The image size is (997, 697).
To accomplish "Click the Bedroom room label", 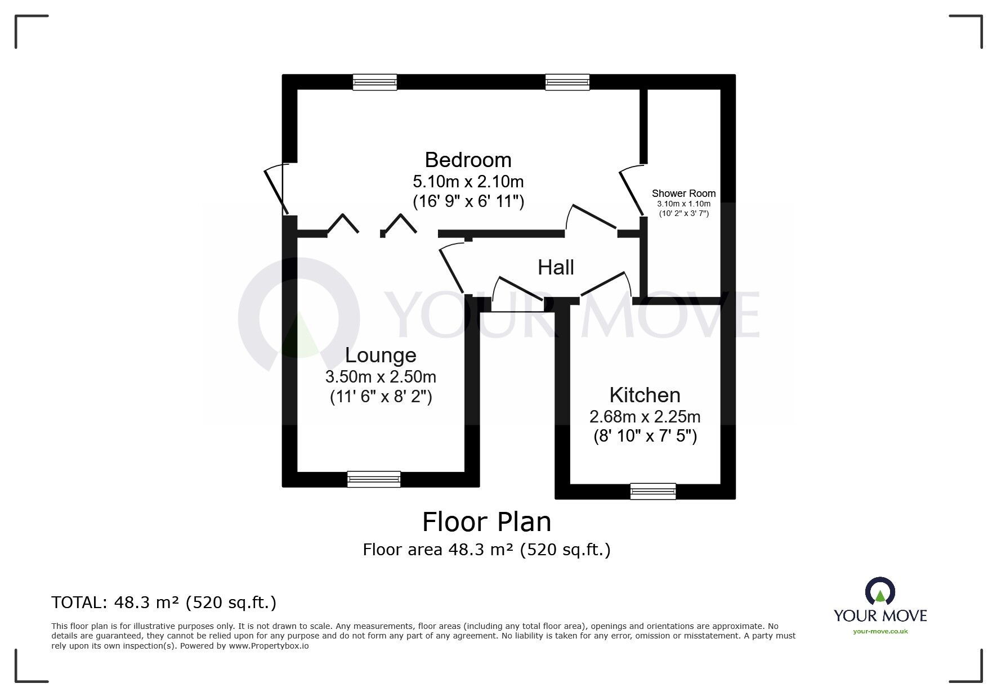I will (468, 160).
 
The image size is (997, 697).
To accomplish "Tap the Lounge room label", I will (381, 356).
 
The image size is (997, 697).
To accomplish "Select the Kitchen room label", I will (645, 395).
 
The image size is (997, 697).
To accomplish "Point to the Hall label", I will (556, 268).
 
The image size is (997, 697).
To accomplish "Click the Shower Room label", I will (683, 194).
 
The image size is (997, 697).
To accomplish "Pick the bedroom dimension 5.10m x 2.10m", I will (468, 182).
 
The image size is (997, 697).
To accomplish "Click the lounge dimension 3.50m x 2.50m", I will (381, 377).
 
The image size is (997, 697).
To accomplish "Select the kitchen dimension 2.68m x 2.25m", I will (645, 417).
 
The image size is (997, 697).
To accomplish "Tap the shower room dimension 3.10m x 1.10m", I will (683, 204).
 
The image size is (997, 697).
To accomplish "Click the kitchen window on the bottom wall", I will (653, 491).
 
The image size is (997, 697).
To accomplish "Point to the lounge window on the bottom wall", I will (374, 479).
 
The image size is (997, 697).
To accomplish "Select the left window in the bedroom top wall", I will (375, 82).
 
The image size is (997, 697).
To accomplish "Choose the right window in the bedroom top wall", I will (567, 82).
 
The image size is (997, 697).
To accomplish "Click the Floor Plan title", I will (486, 522).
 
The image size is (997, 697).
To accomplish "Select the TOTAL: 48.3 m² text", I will (163, 602).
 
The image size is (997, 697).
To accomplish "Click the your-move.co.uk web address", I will (880, 631).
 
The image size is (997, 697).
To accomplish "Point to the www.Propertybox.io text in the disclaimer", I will (269, 646).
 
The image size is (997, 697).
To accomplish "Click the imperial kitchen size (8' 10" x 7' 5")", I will (645, 437).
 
